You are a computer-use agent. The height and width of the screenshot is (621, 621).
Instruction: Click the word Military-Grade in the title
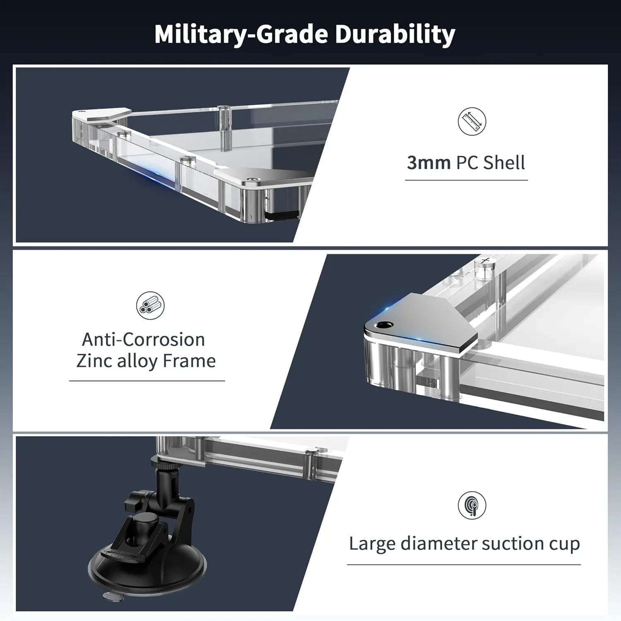pyautogui.click(x=242, y=34)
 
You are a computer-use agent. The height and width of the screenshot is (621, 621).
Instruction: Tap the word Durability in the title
pyautogui.click(x=395, y=34)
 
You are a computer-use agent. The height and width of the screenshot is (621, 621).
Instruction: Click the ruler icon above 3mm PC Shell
pyautogui.click(x=472, y=121)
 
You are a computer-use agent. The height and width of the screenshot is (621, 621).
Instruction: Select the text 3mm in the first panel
pyautogui.click(x=428, y=162)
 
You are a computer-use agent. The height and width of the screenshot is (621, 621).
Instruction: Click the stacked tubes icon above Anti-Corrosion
pyautogui.click(x=150, y=305)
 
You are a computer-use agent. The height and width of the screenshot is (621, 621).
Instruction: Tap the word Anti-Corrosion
pyautogui.click(x=143, y=340)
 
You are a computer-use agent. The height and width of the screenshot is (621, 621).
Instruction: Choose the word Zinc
pyautogui.click(x=94, y=361)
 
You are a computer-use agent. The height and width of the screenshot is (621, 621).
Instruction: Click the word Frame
pyautogui.click(x=189, y=361)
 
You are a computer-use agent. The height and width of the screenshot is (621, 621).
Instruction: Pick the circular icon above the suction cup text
pyautogui.click(x=472, y=505)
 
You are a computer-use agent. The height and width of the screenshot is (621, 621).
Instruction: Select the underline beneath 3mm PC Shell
pyautogui.click(x=466, y=180)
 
